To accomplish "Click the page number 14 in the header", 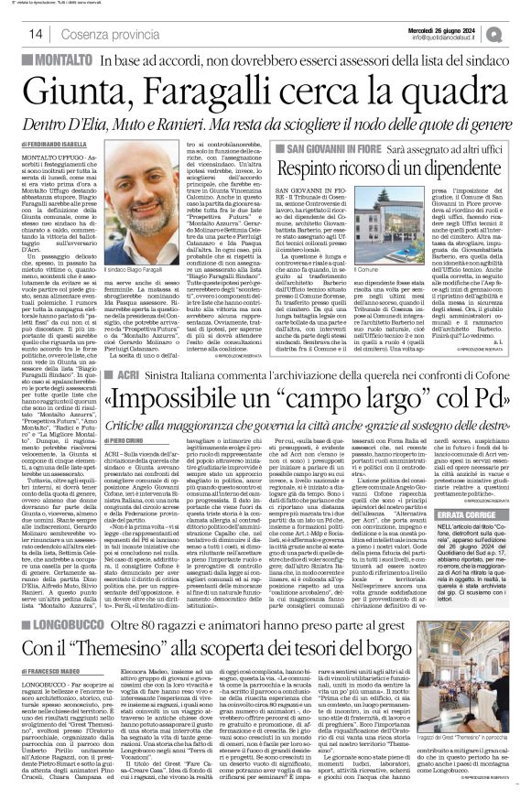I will coord(37,34).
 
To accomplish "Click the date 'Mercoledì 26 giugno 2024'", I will coord(447,28).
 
